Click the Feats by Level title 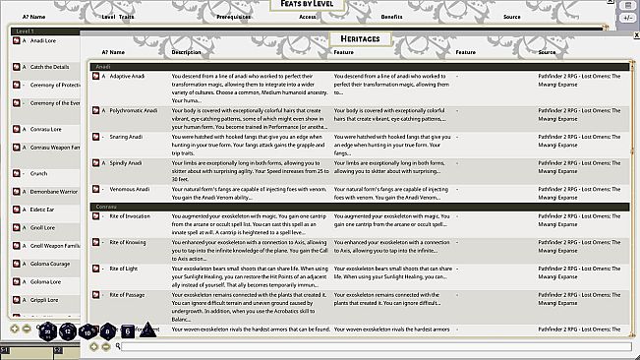[x=320, y=6]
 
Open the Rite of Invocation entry [x=130, y=215]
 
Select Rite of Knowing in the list [x=128, y=242]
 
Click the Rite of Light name [x=124, y=268]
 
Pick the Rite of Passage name [x=127, y=294]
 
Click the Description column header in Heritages [x=186, y=52]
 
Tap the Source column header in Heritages [x=548, y=52]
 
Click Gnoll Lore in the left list [x=43, y=227]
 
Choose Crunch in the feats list [x=40, y=172]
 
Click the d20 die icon [x=48, y=331]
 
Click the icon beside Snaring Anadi [x=95, y=136]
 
